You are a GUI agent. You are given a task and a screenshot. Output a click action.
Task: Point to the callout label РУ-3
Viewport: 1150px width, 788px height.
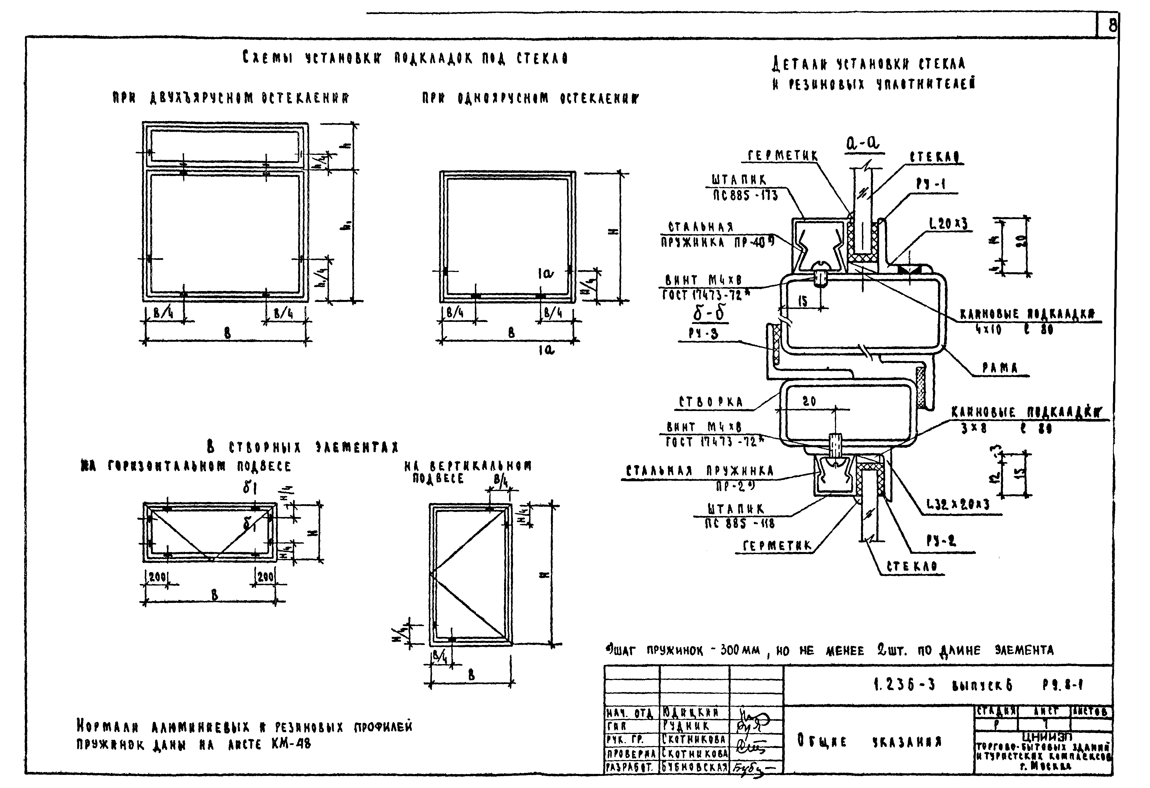[x=703, y=334]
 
